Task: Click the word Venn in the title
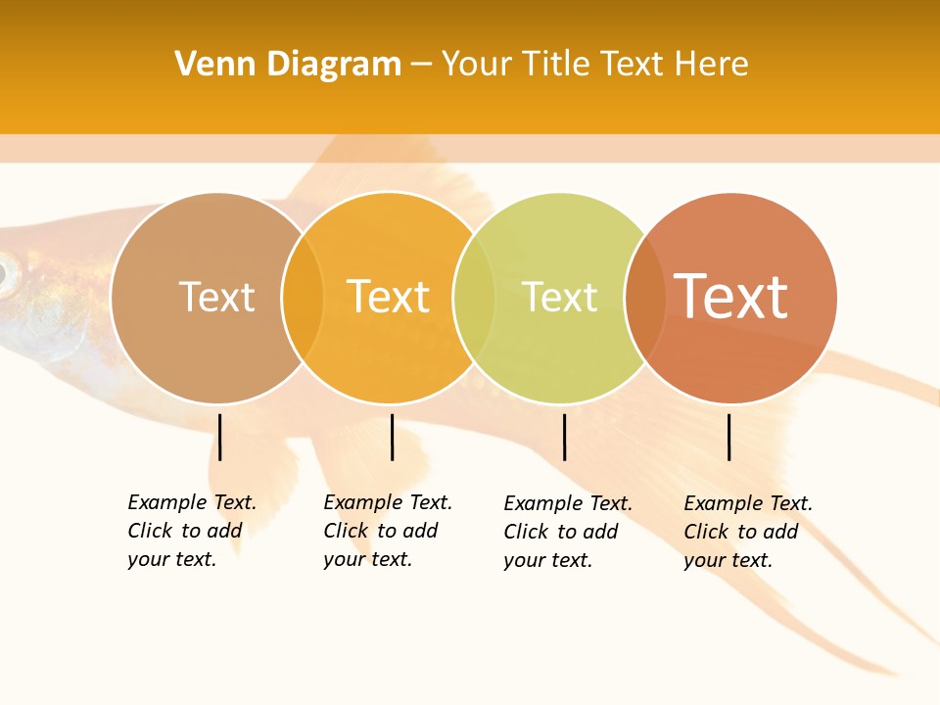(209, 65)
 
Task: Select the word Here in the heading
(711, 65)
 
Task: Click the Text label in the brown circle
(216, 297)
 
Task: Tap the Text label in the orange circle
(388, 297)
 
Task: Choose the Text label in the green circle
(559, 297)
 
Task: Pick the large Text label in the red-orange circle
(730, 297)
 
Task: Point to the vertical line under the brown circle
(220, 437)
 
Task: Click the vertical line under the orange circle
(392, 437)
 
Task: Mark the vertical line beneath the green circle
(564, 437)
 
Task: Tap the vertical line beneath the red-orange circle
(729, 437)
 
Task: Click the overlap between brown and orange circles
(303, 298)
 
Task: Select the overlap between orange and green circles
(474, 298)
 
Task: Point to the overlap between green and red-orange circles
(645, 298)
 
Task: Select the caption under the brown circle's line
(191, 531)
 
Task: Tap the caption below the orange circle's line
(387, 531)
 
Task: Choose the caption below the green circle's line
(567, 532)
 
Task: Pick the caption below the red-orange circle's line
(747, 532)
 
